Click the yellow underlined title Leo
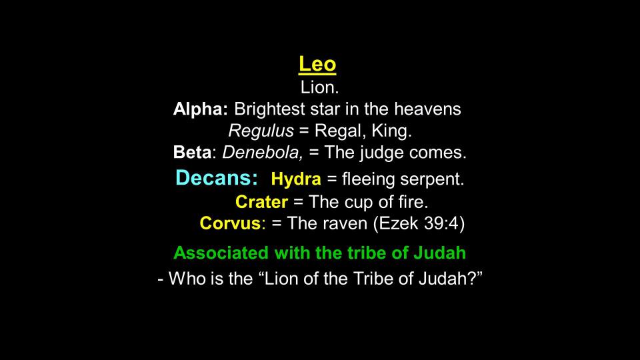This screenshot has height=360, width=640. pyautogui.click(x=317, y=65)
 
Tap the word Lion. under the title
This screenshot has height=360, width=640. pyautogui.click(x=319, y=87)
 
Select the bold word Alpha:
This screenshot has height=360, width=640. pyautogui.click(x=201, y=109)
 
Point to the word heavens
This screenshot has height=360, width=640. pyautogui.click(x=427, y=109)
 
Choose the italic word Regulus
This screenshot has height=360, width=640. pyautogui.click(x=261, y=131)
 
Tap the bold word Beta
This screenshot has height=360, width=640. pyautogui.click(x=192, y=152)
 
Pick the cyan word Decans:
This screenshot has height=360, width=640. pyautogui.click(x=217, y=178)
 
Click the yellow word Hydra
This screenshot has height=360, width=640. pyautogui.click(x=296, y=179)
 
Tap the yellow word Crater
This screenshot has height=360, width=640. pyautogui.click(x=261, y=202)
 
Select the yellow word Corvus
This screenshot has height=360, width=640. pyautogui.click(x=230, y=223)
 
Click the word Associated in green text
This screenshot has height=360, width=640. pyautogui.click(x=221, y=253)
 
